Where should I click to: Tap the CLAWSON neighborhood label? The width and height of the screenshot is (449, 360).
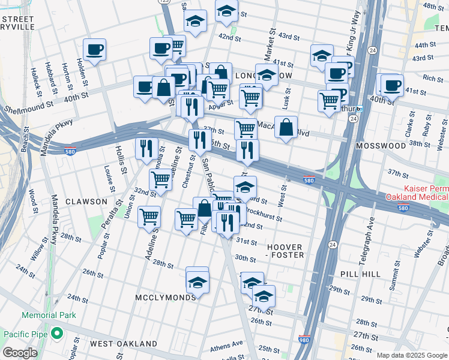click(86, 202)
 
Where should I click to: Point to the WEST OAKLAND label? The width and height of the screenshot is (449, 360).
click(123, 344)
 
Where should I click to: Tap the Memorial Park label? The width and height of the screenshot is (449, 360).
click(49, 315)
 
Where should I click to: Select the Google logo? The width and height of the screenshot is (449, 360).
click(20, 353)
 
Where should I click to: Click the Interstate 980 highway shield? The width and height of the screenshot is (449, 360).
click(304, 339)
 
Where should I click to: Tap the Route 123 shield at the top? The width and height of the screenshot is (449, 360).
click(165, 2)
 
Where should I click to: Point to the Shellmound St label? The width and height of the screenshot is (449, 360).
click(28, 110)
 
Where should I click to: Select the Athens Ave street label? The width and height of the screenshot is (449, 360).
click(227, 345)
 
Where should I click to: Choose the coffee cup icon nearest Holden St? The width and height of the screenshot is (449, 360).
click(94, 50)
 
